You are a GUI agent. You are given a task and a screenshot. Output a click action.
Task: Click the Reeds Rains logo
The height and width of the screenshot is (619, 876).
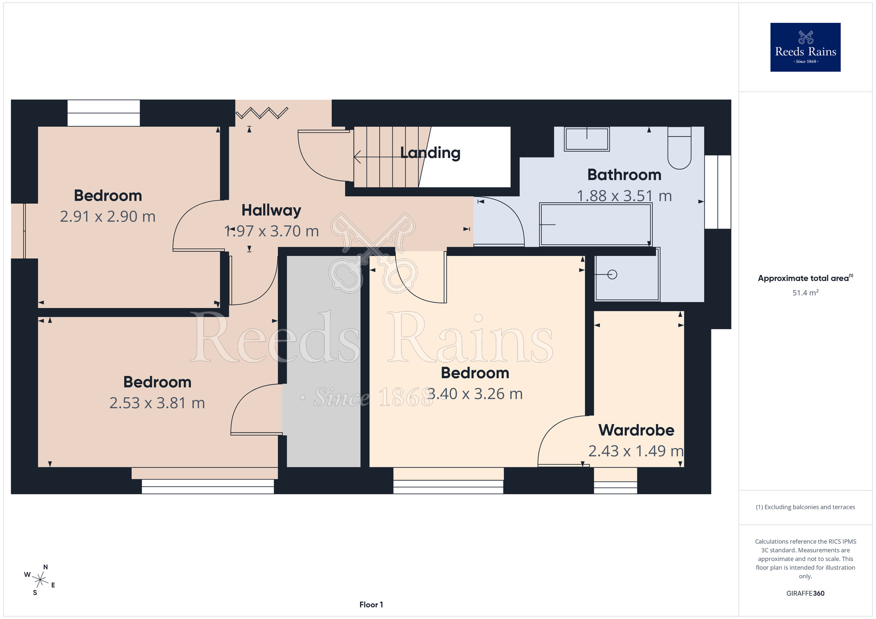(x=805, y=47)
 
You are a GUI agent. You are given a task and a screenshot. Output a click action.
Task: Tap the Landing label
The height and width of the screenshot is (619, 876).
(x=430, y=153)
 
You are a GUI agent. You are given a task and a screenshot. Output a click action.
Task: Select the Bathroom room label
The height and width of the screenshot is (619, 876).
(x=624, y=175)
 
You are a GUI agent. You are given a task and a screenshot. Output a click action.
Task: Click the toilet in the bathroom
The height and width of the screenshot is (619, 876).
(x=679, y=148)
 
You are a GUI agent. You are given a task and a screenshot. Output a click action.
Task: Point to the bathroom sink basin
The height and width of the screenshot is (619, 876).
(x=586, y=139)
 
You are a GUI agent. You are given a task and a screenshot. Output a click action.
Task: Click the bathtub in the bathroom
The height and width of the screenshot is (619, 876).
(x=596, y=225)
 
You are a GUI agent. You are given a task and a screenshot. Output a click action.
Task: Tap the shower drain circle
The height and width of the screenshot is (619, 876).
(x=612, y=274)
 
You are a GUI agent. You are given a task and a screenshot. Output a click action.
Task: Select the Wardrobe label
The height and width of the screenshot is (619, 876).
(x=636, y=430)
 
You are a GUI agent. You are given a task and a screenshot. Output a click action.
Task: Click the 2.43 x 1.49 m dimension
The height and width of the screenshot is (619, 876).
(x=636, y=451)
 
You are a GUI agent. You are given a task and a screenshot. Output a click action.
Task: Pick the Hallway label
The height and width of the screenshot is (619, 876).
(x=271, y=211)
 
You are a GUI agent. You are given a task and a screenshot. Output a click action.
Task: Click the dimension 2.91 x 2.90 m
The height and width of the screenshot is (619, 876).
(x=108, y=217)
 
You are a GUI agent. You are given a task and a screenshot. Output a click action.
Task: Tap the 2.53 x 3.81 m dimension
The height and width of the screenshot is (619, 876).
(x=157, y=403)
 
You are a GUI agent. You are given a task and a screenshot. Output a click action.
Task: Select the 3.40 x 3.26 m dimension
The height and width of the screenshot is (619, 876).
(x=475, y=394)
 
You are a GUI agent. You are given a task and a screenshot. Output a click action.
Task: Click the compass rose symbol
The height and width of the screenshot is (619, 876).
(x=40, y=580)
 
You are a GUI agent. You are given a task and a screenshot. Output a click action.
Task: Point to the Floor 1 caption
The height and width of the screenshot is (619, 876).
(x=371, y=605)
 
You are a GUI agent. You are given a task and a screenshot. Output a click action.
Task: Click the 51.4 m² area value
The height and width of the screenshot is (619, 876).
(x=805, y=292)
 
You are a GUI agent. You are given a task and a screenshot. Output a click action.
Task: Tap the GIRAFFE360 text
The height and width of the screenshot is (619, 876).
(x=805, y=594)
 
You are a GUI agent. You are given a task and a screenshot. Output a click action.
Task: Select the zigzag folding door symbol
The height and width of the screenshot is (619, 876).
(x=262, y=113)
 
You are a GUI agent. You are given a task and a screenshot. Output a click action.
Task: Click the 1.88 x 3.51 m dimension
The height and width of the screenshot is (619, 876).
(x=624, y=196)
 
